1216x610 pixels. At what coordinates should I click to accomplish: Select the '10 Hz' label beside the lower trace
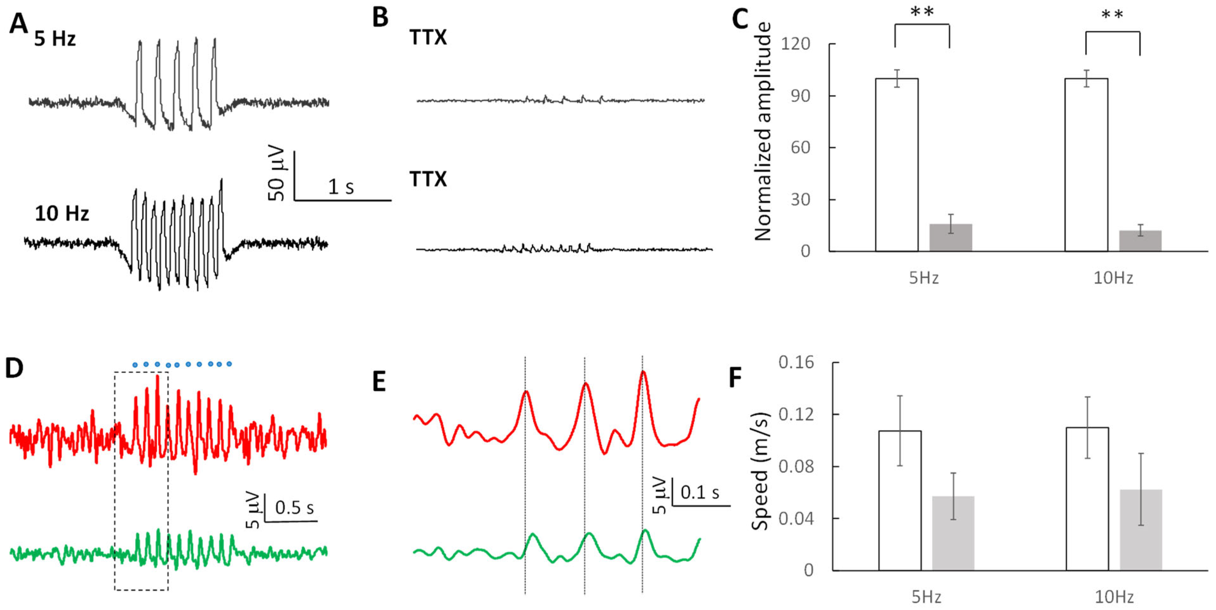62,213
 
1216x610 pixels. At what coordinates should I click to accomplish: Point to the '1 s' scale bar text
340,187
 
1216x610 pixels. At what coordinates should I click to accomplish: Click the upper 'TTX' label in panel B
428,37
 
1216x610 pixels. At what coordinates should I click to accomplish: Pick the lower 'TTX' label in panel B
428,179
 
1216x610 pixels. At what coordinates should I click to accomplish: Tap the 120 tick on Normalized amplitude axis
795,44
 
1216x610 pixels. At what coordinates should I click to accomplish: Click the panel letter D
14,368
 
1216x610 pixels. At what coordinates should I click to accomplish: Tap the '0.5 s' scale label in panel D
294,508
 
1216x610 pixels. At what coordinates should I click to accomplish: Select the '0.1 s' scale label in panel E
700,492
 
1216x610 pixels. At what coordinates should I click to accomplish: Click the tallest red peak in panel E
643,373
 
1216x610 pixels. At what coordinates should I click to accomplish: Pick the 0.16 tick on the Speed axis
796,362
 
